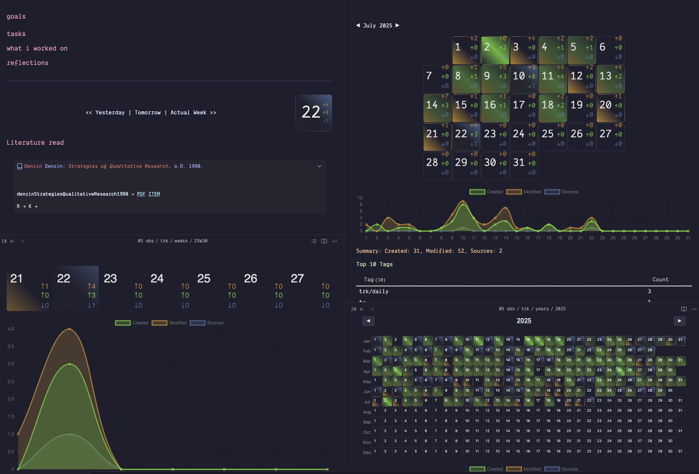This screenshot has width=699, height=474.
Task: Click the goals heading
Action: tap(16, 17)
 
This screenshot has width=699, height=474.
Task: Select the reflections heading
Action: tap(27, 63)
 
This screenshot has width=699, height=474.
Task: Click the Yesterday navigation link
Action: tap(110, 112)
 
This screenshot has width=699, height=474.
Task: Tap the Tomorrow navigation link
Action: tap(148, 112)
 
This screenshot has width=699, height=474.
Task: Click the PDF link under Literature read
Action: tap(141, 194)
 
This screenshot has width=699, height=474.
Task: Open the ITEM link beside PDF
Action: tap(154, 194)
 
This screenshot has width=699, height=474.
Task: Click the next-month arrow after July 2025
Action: tap(397, 25)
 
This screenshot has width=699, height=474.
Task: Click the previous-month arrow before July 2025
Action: tap(358, 25)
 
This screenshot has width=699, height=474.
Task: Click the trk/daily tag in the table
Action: tap(374, 291)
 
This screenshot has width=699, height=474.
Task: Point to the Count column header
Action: tap(660, 280)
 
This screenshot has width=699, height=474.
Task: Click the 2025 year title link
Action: tap(524, 320)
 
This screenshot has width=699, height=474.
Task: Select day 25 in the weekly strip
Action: tap(204, 279)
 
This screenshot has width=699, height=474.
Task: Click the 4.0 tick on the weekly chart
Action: tap(11, 329)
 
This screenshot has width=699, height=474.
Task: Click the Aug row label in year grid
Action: tap(367, 412)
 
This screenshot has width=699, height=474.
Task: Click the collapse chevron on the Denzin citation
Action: tap(319, 166)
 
